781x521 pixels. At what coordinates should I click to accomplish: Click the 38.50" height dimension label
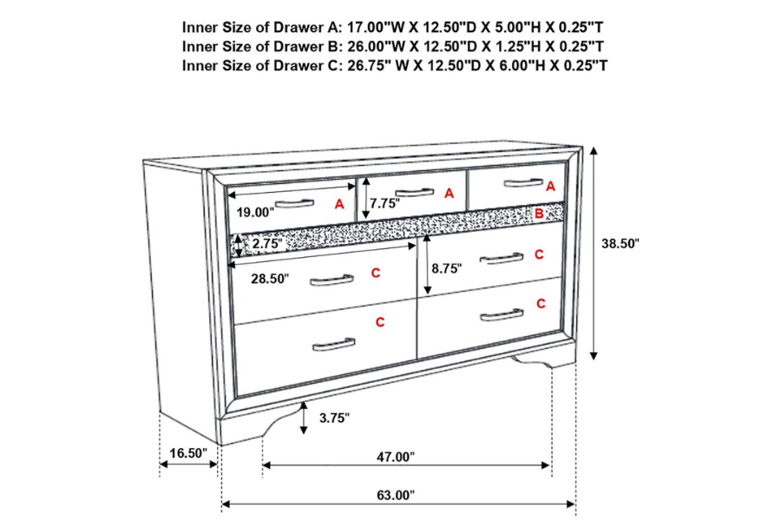point(620,245)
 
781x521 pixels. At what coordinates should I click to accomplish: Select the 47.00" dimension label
point(396,457)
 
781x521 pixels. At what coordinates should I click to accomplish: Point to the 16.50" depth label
point(187,453)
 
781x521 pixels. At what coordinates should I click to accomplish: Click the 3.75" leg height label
point(334,418)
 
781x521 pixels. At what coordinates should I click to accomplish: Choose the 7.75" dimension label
point(384,205)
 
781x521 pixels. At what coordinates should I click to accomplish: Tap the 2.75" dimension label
point(266,245)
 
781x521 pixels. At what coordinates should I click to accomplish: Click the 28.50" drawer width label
point(270,280)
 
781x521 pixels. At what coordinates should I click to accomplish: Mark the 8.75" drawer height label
point(446,269)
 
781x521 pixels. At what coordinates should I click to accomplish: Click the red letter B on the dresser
point(539,213)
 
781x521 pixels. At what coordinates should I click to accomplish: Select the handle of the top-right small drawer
point(522,181)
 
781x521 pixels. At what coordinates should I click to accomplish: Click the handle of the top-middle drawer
point(415,192)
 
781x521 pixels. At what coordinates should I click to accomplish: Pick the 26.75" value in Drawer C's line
point(364,65)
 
